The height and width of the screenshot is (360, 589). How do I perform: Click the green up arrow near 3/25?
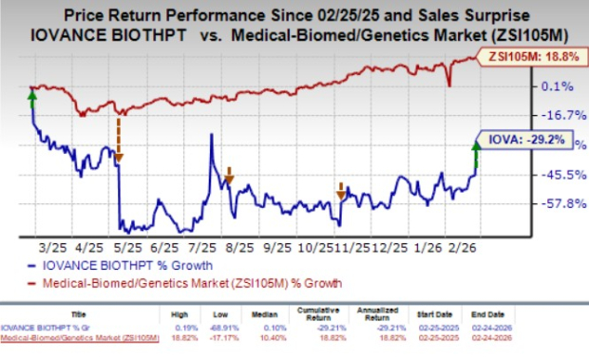[x=33, y=97]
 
